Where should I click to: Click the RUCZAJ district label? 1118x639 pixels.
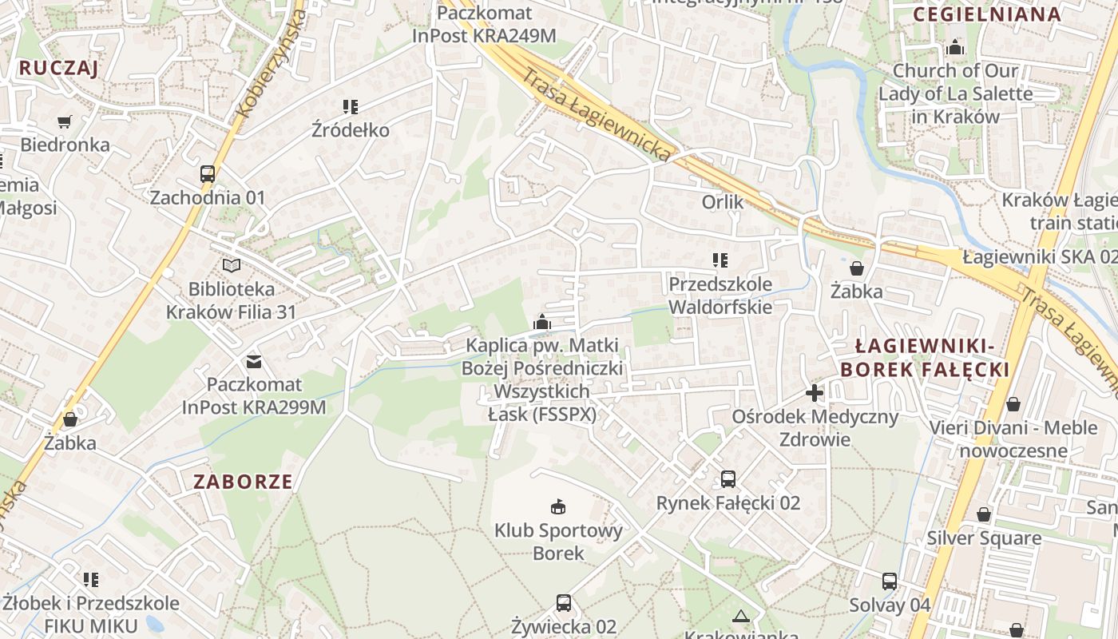point(58,68)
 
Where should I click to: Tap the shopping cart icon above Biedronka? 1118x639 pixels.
point(65,122)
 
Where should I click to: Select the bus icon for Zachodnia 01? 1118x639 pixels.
point(208,174)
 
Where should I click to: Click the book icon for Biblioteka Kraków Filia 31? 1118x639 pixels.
point(232,266)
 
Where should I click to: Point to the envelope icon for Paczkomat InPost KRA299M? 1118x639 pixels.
point(254,362)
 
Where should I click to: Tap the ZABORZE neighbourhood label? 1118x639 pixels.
point(243,482)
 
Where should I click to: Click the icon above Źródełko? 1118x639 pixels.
point(351,107)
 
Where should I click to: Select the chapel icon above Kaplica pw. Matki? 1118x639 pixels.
point(542,323)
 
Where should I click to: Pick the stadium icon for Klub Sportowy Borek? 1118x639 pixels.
point(558,506)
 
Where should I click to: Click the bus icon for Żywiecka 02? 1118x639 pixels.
point(564,603)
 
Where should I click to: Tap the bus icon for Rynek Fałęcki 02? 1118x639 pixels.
point(728,479)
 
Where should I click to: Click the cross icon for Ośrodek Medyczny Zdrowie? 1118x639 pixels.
point(815,393)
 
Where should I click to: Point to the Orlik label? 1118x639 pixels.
point(723,202)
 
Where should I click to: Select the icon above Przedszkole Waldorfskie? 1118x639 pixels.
point(720,260)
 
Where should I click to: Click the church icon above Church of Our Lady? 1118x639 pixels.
point(955,48)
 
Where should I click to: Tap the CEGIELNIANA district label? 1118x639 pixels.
point(987,14)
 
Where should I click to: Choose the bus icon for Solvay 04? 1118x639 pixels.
point(890,581)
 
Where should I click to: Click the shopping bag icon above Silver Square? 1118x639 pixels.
point(984,514)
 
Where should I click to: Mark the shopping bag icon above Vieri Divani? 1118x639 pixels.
point(1013,404)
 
